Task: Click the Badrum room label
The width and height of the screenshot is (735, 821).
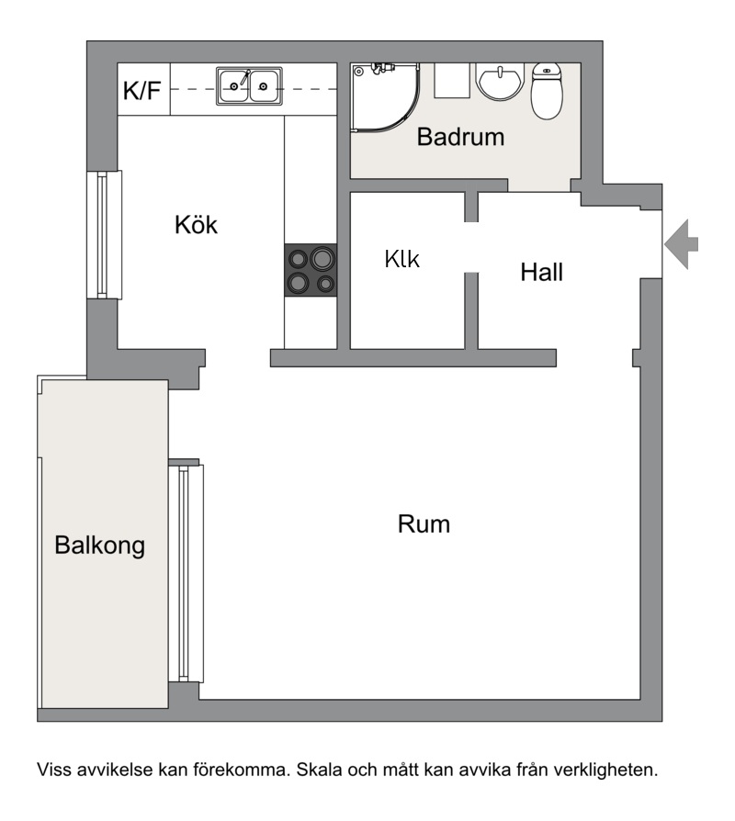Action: click(460, 137)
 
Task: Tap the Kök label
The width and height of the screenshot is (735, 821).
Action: click(196, 225)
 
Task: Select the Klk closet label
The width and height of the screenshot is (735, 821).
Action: click(401, 259)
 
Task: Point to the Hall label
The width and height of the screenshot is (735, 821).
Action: click(542, 272)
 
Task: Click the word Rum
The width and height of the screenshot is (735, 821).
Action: click(424, 524)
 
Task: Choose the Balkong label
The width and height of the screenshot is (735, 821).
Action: click(100, 545)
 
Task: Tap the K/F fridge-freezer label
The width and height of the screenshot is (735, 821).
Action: click(142, 91)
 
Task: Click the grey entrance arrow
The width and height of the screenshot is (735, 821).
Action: click(681, 244)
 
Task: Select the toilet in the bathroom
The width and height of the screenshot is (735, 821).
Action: click(547, 91)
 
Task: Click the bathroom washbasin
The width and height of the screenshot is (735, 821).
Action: click(500, 82)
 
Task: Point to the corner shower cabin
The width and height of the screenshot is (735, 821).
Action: click(386, 97)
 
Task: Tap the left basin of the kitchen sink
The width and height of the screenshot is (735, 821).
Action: click(233, 86)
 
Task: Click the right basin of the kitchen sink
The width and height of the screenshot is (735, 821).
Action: click(265, 86)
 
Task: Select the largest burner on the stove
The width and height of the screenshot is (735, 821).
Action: click(322, 258)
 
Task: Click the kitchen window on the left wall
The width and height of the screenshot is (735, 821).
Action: click(104, 234)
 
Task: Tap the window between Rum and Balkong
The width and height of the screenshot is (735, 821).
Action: click(186, 573)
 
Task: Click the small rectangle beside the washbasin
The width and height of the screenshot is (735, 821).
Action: click(452, 81)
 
